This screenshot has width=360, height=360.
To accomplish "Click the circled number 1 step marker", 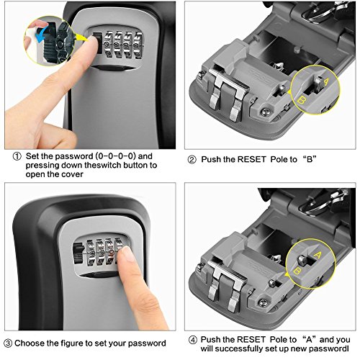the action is (17, 157).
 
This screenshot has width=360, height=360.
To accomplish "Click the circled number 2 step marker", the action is (192, 160).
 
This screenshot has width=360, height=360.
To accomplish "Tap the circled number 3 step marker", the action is (8, 343).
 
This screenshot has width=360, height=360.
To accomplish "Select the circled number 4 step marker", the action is (193, 340).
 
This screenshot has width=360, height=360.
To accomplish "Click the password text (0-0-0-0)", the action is (116, 156).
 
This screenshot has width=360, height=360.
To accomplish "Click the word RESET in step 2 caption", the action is (251, 159).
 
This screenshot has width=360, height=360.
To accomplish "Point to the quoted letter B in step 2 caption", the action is (310, 159).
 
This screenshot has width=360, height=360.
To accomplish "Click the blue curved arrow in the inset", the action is (41, 34).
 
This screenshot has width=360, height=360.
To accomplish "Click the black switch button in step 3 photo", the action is (78, 253).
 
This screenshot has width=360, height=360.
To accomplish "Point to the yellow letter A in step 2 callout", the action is (325, 82).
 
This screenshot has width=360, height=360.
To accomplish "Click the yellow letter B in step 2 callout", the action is (301, 100).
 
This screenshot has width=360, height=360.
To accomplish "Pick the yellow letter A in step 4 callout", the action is (317, 255).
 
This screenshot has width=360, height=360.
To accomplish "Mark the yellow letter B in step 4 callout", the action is (297, 271).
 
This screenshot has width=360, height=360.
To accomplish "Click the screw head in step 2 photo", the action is (264, 112).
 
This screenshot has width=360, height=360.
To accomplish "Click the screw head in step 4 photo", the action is (262, 302).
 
